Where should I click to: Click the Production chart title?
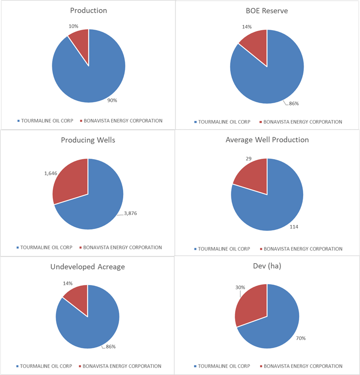(88, 10)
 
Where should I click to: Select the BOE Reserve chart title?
(267, 10)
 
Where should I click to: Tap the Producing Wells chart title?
(88, 140)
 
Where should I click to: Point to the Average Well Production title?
(267, 140)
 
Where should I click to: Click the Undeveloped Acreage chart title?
(88, 266)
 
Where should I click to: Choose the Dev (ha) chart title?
(267, 266)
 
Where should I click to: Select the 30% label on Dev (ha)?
(240, 287)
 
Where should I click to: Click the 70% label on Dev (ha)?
(300, 338)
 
